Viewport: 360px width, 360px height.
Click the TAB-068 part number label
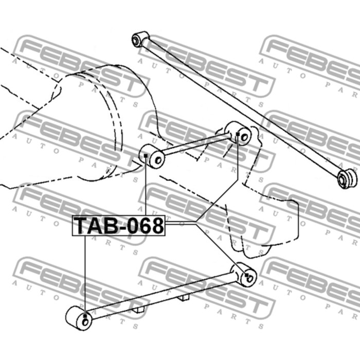(x=119, y=225)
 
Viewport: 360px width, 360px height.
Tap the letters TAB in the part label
(x=96, y=225)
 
